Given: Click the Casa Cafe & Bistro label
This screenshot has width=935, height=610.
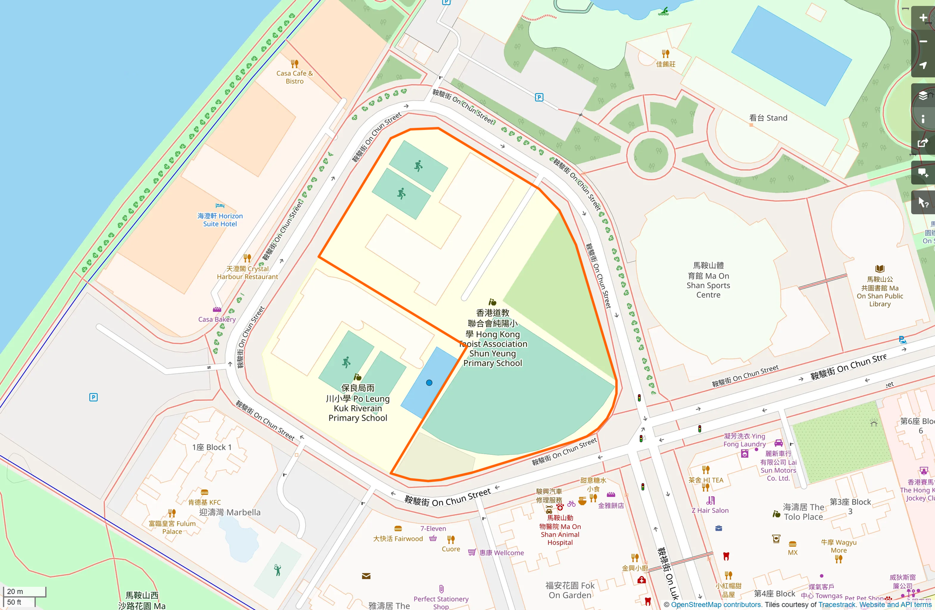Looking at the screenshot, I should tap(294, 77).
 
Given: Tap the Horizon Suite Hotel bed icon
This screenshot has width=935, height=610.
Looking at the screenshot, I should tap(220, 205).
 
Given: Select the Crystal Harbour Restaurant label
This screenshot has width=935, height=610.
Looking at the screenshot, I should tap(247, 273).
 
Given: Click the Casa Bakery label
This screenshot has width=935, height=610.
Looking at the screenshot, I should tap(217, 319).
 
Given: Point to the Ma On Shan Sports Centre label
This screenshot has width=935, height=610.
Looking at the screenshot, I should tap(708, 280).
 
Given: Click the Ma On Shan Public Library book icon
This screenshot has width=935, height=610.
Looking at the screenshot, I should tap(880, 269).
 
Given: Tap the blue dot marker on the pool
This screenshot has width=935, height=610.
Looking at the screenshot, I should tap(429, 383).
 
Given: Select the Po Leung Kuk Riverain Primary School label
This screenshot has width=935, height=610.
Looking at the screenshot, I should tap(358, 403).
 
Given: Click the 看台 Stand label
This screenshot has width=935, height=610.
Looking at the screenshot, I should tap(768, 118).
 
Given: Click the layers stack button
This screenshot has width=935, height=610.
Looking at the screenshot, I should tap(923, 95).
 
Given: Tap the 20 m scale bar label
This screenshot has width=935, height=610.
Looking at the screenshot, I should tap(15, 591).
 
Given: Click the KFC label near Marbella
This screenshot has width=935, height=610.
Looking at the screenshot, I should tap(204, 502).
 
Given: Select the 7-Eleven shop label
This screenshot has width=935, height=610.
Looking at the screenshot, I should tap(433, 529).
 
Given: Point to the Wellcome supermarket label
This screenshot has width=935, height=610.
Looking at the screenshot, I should tap(501, 553).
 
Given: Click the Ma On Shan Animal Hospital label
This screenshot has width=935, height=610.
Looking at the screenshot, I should tap(560, 530).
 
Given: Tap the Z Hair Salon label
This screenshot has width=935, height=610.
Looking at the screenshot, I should tap(710, 510).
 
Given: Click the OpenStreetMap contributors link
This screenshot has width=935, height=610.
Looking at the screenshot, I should tap(716, 605).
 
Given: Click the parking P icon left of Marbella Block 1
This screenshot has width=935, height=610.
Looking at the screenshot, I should tap(93, 397).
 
